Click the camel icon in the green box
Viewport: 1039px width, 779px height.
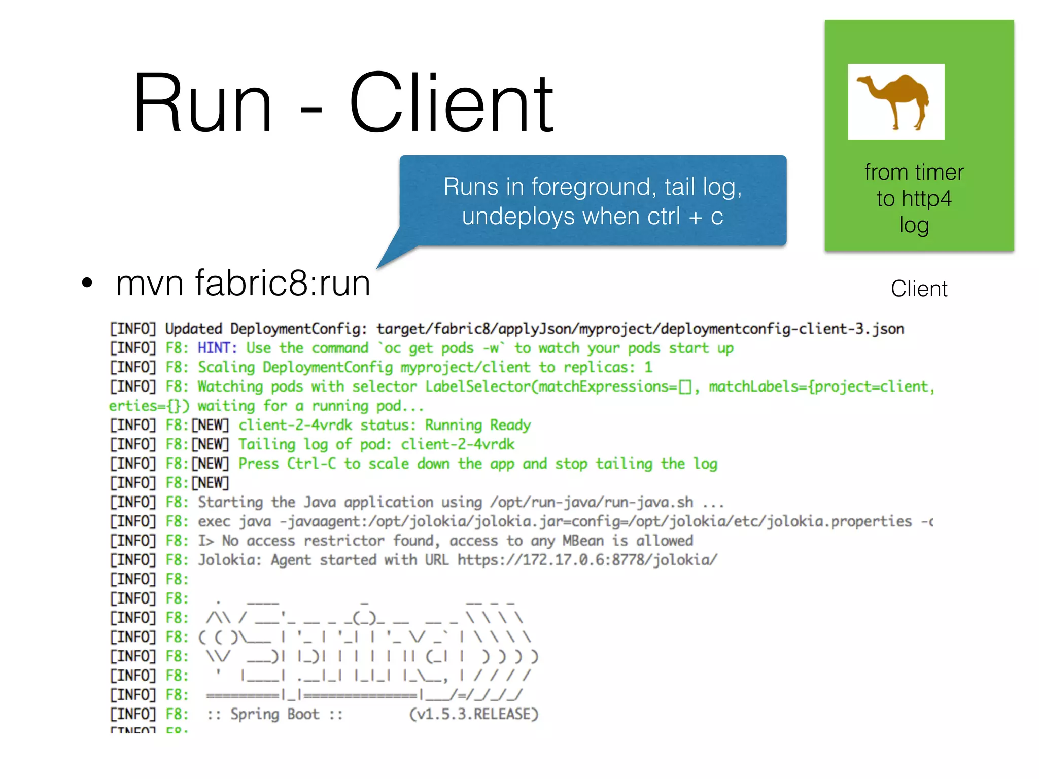[895, 101]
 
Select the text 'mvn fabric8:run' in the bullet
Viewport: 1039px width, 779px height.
[243, 282]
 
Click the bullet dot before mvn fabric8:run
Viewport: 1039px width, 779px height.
[87, 283]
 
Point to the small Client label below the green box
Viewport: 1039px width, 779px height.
[919, 289]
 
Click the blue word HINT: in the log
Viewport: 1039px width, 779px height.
[217, 348]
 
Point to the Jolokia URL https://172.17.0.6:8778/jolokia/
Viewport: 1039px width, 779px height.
[587, 560]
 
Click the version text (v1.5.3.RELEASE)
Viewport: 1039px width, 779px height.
[473, 714]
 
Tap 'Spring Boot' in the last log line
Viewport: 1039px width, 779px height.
[274, 714]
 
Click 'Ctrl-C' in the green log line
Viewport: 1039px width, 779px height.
[311, 464]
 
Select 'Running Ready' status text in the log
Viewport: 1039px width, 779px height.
[477, 425]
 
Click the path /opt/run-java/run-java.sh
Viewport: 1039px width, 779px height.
[591, 502]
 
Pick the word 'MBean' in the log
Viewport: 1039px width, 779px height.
[583, 541]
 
